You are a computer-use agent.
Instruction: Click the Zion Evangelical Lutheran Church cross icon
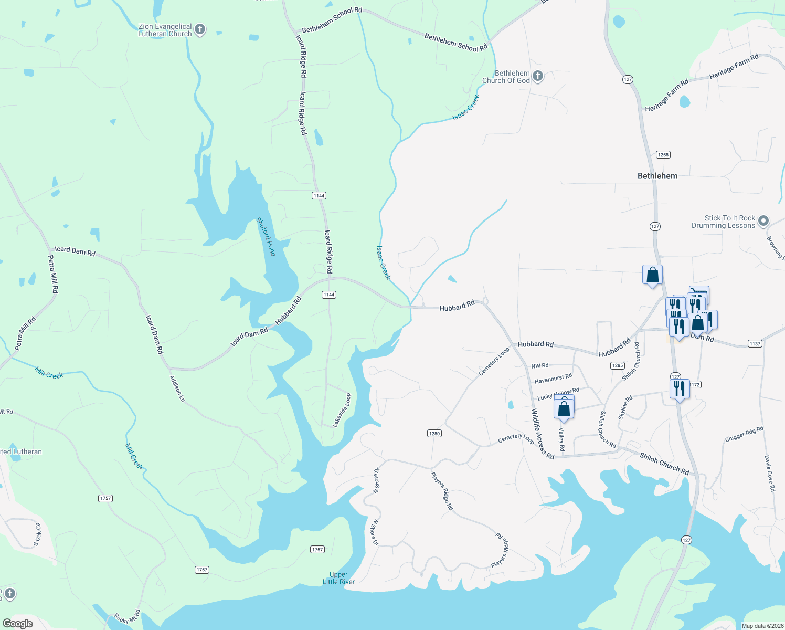click(200, 29)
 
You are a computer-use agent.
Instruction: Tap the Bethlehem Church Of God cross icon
click(537, 77)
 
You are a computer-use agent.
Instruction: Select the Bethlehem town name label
click(657, 176)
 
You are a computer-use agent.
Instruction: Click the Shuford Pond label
click(266, 237)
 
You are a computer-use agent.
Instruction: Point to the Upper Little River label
click(338, 578)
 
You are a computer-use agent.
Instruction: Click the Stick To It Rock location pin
click(763, 221)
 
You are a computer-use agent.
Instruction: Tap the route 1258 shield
click(663, 154)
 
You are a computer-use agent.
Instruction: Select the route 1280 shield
click(434, 433)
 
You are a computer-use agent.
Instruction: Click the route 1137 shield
click(755, 344)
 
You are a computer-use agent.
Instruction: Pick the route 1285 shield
click(618, 365)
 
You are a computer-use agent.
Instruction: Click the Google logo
click(17, 624)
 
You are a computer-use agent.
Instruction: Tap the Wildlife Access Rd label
click(543, 434)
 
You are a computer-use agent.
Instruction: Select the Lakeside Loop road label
click(342, 410)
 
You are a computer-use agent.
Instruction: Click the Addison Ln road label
click(177, 388)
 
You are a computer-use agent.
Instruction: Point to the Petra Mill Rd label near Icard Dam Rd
click(53, 274)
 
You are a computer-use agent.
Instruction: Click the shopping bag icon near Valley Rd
click(564, 409)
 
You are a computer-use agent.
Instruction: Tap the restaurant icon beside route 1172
click(679, 389)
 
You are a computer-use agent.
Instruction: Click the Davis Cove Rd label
click(769, 473)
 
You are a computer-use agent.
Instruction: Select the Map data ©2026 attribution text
click(760, 626)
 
